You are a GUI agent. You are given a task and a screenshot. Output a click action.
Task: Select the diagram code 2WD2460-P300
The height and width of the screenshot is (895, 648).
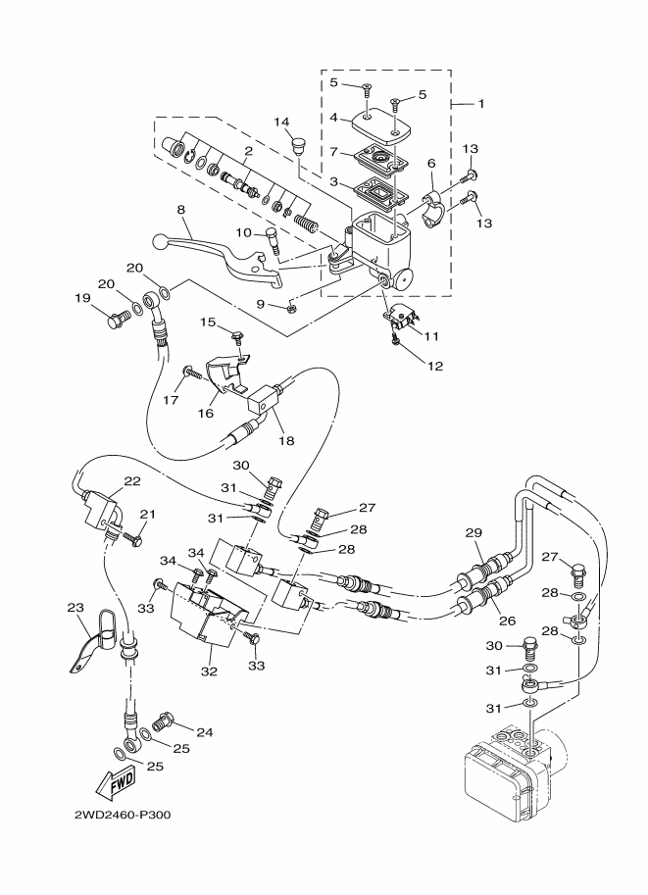tap(123, 815)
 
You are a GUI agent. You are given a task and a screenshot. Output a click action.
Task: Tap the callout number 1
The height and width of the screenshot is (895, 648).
tap(480, 103)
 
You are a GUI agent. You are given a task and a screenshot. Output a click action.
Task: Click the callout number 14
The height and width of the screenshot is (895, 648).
tap(282, 122)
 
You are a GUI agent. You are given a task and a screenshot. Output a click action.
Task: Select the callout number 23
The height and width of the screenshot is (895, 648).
tap(76, 608)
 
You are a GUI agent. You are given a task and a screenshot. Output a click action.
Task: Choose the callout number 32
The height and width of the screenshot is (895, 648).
tap(208, 672)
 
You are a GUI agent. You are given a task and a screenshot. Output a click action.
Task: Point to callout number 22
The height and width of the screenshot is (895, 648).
tap(131, 480)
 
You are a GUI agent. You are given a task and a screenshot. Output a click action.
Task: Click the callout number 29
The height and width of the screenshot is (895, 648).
tap(474, 532)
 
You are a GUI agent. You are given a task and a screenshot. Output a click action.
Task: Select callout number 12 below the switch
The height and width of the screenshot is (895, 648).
tap(435, 366)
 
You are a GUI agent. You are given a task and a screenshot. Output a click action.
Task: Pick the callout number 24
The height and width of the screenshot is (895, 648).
tap(205, 731)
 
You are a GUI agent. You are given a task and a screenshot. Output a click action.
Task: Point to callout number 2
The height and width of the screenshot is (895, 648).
tap(249, 151)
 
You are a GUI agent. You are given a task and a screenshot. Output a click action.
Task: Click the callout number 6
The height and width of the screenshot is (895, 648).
tap(431, 165)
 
